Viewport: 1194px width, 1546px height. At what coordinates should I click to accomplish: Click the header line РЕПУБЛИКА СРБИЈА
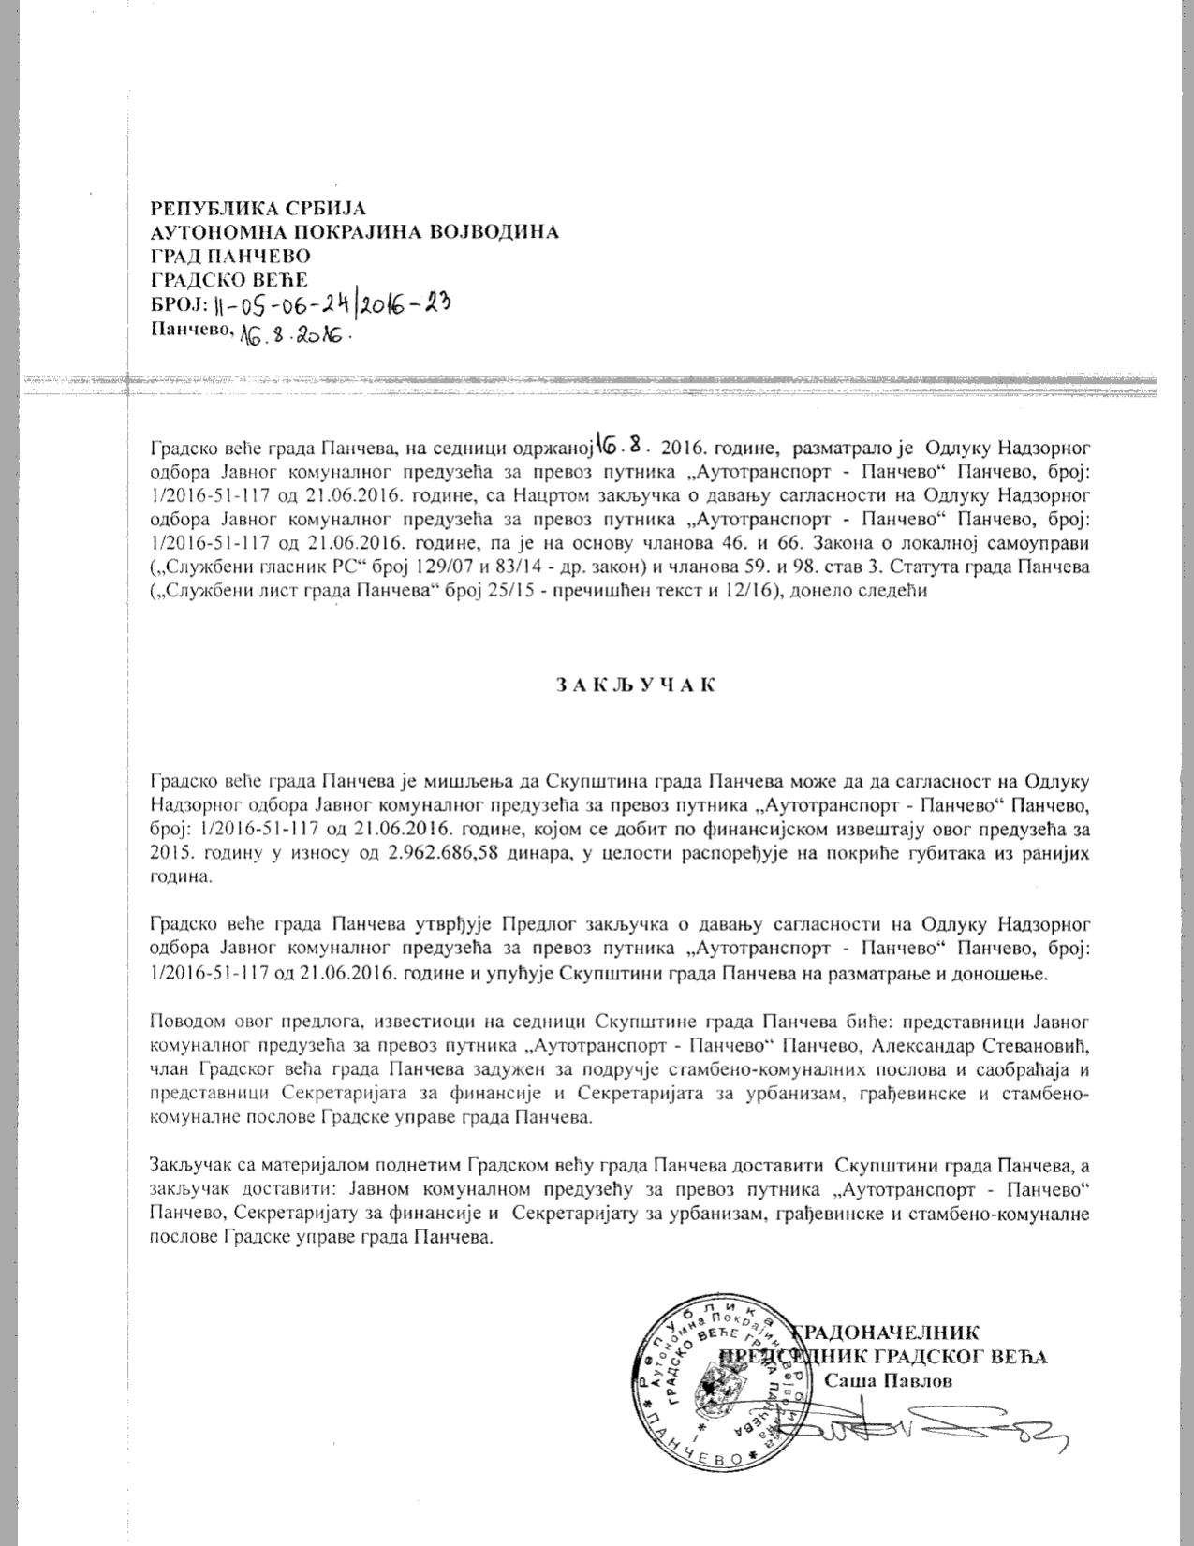pyautogui.click(x=258, y=208)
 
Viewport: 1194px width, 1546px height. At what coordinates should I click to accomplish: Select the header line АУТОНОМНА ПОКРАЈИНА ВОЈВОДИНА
pyautogui.click(x=355, y=231)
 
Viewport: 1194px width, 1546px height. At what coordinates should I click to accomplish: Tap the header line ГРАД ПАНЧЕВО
pyautogui.click(x=230, y=255)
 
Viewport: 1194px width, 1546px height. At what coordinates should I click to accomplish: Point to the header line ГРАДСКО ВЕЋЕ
pyautogui.click(x=229, y=278)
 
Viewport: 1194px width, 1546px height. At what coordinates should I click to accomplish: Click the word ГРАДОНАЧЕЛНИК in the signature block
pyautogui.click(x=887, y=1333)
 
